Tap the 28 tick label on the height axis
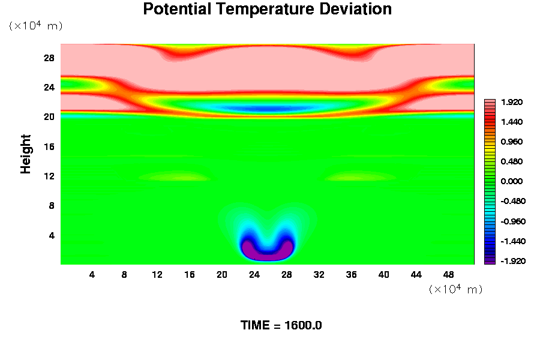point(49,58)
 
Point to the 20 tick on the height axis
point(49,117)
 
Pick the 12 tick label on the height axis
point(49,176)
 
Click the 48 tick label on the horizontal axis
point(449,275)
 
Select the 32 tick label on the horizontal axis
point(319,275)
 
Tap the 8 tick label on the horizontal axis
point(125,275)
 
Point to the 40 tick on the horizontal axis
point(384,275)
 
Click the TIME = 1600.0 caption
point(281,325)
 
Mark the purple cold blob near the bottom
point(267,252)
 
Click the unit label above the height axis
point(35,26)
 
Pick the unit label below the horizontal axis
point(456,289)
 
